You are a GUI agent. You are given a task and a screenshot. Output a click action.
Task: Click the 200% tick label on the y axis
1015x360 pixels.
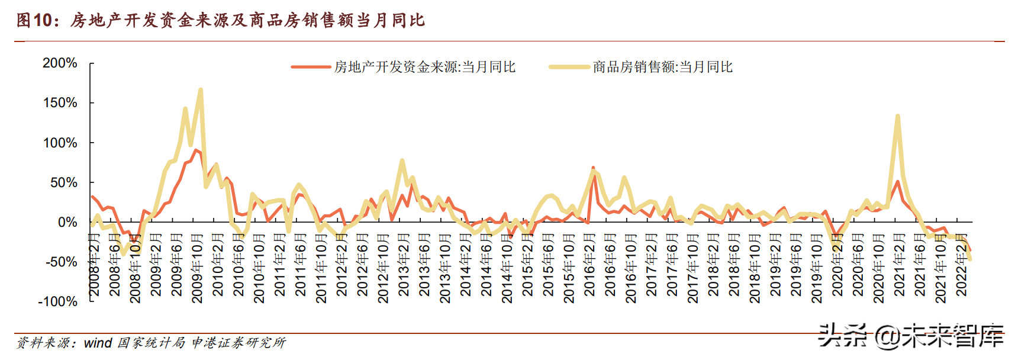pyautogui.click(x=60, y=63)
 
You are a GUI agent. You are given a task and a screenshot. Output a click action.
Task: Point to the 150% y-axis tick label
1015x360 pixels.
pyautogui.click(x=60, y=102)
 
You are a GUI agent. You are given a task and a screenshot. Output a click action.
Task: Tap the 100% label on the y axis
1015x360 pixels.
pyautogui.click(x=60, y=143)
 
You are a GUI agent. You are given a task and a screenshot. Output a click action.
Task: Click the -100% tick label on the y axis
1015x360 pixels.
pyautogui.click(x=57, y=301)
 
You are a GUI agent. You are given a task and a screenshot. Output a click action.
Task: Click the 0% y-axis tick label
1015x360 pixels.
pyautogui.click(x=67, y=222)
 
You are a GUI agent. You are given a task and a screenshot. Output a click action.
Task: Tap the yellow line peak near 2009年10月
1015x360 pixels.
pyautogui.click(x=201, y=90)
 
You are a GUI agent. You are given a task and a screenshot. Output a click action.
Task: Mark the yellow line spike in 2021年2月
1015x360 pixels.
pyautogui.click(x=898, y=116)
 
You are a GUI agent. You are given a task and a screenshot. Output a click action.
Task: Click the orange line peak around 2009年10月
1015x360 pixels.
pyautogui.click(x=196, y=150)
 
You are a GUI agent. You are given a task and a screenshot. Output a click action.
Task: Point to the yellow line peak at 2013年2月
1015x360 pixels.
pyautogui.click(x=402, y=160)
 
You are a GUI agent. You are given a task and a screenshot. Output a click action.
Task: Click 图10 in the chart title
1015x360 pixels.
pyautogui.click(x=33, y=20)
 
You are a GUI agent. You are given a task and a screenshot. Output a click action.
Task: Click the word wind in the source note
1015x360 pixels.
pyautogui.click(x=98, y=343)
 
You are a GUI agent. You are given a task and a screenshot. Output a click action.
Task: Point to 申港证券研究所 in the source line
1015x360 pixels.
pyautogui.click(x=239, y=343)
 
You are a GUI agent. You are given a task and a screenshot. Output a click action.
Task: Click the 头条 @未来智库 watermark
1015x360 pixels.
pyautogui.click(x=910, y=336)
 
